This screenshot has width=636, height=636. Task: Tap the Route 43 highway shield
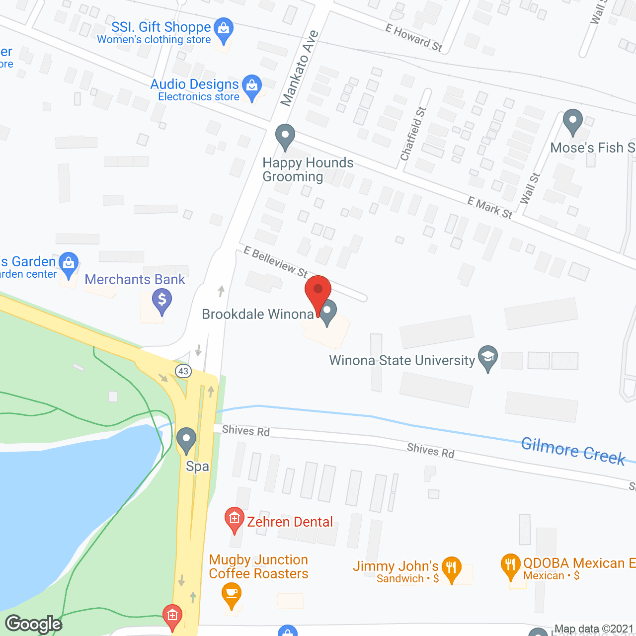(x=183, y=371)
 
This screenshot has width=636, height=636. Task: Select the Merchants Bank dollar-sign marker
(x=162, y=301)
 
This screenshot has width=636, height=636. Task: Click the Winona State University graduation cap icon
(x=488, y=357)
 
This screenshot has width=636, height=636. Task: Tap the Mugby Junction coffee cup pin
(x=232, y=594)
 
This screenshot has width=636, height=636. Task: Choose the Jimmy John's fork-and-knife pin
(x=451, y=568)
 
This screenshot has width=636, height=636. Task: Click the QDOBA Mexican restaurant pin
(x=511, y=565)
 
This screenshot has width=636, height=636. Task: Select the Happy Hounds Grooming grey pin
(x=285, y=136)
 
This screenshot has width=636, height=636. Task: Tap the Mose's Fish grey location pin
(x=573, y=121)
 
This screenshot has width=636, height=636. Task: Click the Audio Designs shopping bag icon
(x=252, y=86)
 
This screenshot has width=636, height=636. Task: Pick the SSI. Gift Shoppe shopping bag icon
(x=224, y=29)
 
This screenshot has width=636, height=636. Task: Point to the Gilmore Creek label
(x=573, y=451)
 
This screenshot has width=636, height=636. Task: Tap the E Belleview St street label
(x=275, y=262)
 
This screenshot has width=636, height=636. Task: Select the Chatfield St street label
(x=413, y=134)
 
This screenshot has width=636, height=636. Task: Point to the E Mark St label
(x=489, y=208)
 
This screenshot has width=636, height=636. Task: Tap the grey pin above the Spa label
(x=186, y=440)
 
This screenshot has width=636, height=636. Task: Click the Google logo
(x=34, y=624)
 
